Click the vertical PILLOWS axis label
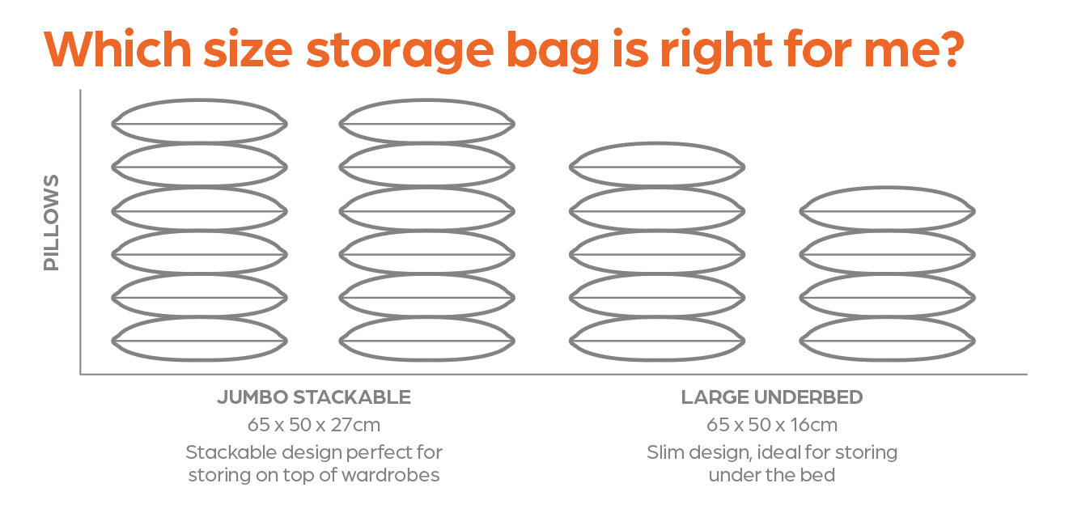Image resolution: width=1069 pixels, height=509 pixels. pos(52,223)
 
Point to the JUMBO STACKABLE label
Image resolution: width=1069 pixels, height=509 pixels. pos(314,397)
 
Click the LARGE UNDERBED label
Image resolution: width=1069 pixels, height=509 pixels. pos(771,397)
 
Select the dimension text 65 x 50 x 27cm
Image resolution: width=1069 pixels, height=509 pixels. pos(314,424)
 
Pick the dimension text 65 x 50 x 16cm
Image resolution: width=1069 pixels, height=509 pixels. pos(771,424)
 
